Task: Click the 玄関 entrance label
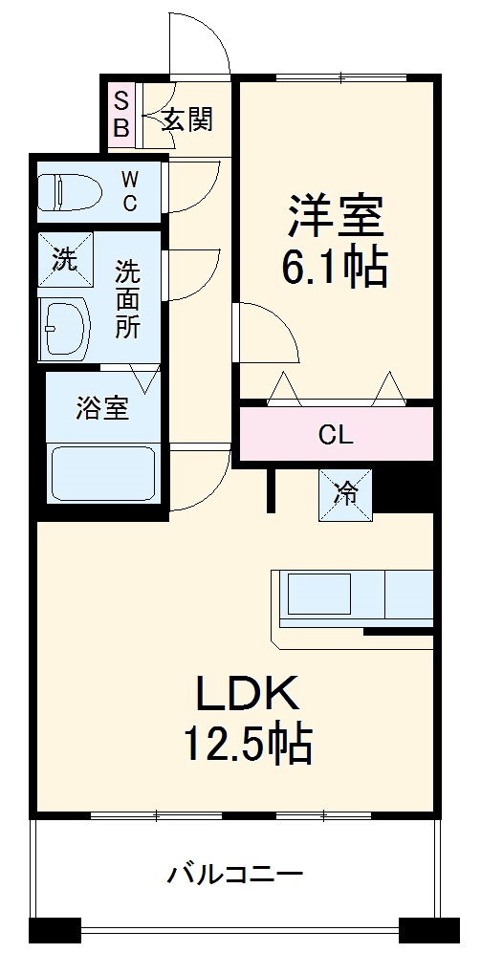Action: [186, 119]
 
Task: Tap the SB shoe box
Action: [121, 114]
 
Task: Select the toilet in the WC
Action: [70, 191]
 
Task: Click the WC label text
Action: [129, 190]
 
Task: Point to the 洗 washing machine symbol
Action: [65, 260]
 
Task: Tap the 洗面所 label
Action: [127, 298]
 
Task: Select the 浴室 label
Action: [102, 408]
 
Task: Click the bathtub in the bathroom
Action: [102, 473]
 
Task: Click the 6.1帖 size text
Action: [335, 269]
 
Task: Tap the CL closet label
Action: [336, 436]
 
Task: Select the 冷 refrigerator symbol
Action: [345, 494]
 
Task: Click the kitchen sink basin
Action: [320, 594]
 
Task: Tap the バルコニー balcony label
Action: [235, 873]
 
